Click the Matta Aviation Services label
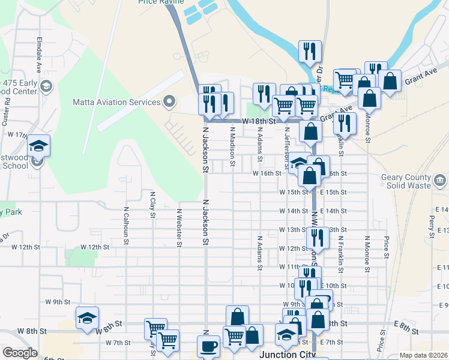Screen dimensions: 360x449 click(x=116, y=102)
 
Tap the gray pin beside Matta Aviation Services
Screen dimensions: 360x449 click(x=169, y=102)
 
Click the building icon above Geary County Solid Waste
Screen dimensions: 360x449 click(x=440, y=179)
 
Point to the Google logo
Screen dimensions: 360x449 click(x=20, y=353)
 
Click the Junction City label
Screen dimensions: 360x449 click(x=287, y=355)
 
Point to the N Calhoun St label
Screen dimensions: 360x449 click(x=126, y=226)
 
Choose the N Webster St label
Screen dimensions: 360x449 click(x=179, y=227)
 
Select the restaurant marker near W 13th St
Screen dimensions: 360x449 click(x=318, y=238)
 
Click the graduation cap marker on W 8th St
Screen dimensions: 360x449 click(x=87, y=318)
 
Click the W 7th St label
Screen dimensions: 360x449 click(x=118, y=343)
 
